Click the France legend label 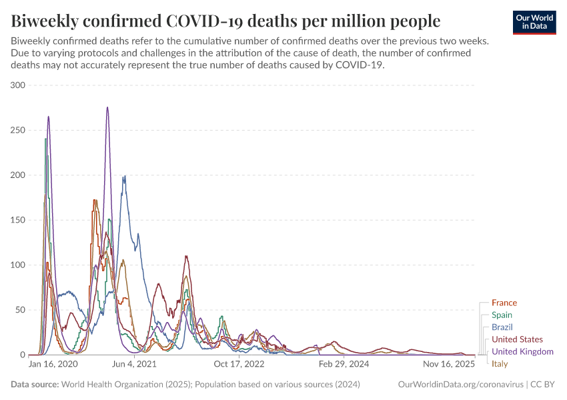(x=504, y=303)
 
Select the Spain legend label (x=502, y=315)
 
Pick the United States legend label (x=517, y=339)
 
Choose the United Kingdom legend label (x=522, y=351)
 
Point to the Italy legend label (x=500, y=363)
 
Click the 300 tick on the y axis (x=18, y=85)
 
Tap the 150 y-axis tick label (x=18, y=220)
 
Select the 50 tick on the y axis (x=20, y=310)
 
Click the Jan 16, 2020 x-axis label (x=53, y=365)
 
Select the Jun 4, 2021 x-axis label (x=135, y=365)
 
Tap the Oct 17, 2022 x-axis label (x=238, y=365)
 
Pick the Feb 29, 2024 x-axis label (x=344, y=365)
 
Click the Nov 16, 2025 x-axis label (x=448, y=365)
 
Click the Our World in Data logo (x=534, y=21)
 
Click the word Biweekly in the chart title (x=45, y=21)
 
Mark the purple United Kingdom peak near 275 (x=107, y=107)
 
